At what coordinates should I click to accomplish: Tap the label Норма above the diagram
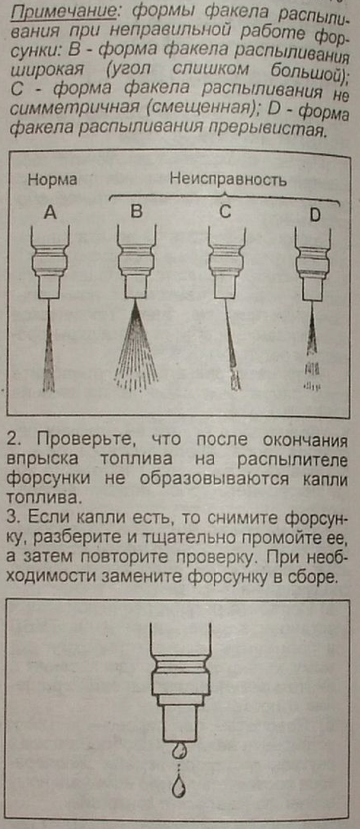(x=52, y=180)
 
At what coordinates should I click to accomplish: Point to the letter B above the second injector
(x=137, y=212)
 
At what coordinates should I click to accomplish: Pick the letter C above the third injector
(x=225, y=212)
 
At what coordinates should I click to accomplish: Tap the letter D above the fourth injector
(x=314, y=215)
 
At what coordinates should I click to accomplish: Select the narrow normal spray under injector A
(x=49, y=346)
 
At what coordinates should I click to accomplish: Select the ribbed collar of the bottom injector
(x=180, y=670)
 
